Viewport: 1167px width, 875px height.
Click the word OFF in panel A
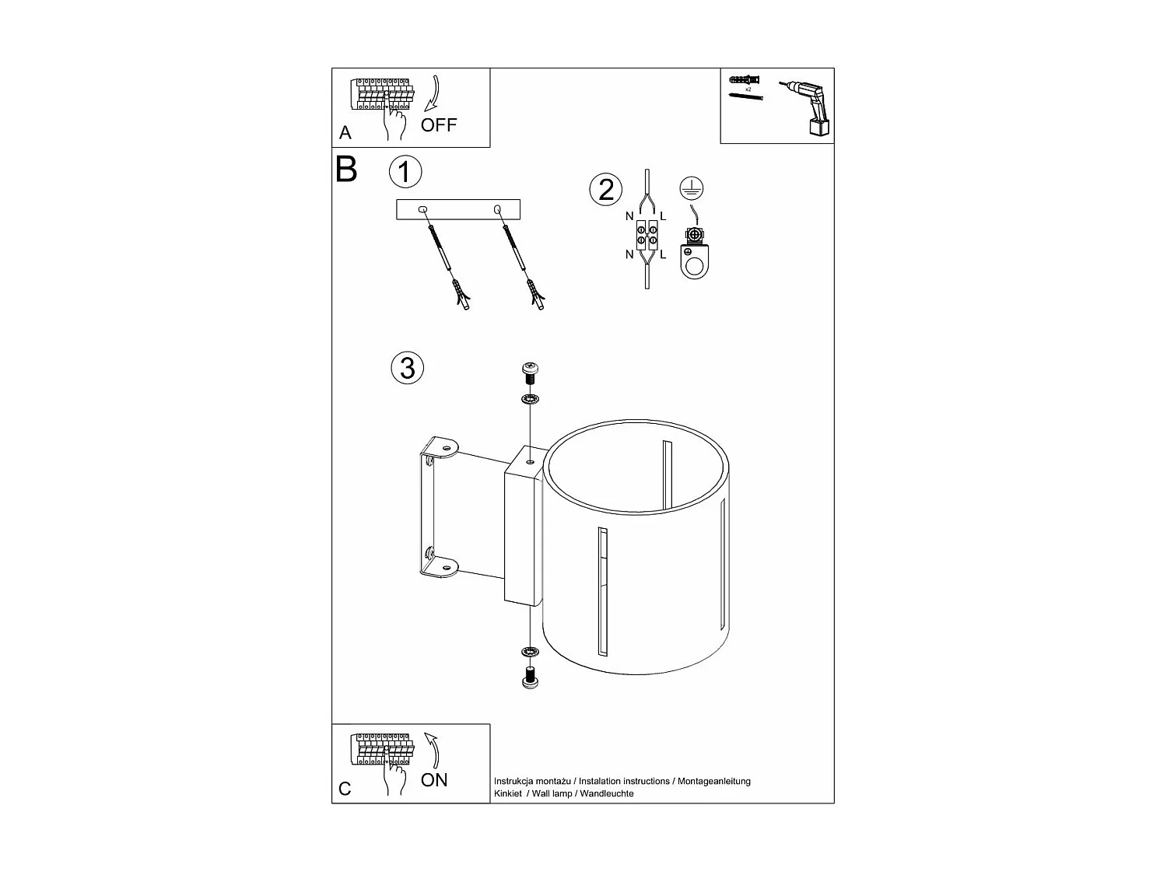point(439,125)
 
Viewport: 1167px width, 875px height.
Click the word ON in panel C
point(434,780)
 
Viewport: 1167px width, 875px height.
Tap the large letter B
point(346,170)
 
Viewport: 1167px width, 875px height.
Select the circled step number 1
point(405,172)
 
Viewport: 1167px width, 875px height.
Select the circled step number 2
point(606,190)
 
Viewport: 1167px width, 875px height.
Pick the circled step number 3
point(408,367)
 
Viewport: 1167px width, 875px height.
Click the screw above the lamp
point(529,373)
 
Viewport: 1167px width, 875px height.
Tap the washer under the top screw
point(530,400)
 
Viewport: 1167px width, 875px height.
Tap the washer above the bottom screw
point(530,651)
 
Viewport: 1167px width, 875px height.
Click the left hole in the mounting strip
point(423,209)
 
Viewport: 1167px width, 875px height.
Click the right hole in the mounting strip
point(497,209)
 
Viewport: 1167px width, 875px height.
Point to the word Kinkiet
point(508,794)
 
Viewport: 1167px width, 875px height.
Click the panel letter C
point(345,789)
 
